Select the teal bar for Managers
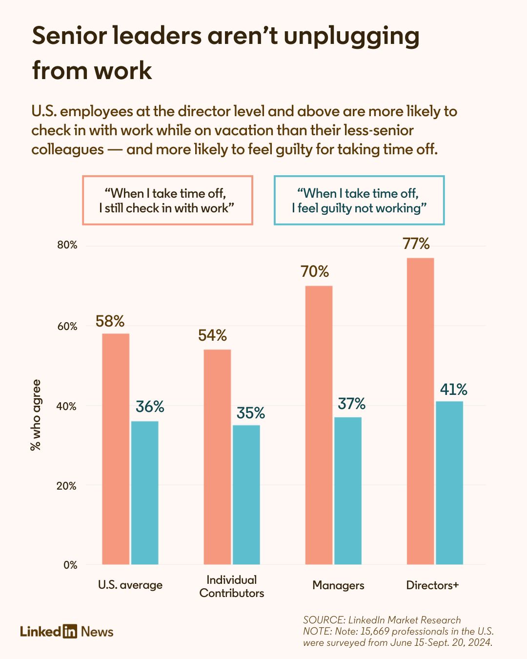click(x=348, y=491)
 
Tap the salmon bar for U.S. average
click(x=116, y=449)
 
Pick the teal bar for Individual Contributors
click(x=246, y=494)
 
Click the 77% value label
click(x=416, y=244)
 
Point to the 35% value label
click(x=251, y=413)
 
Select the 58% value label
click(x=110, y=321)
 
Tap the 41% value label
click(x=453, y=390)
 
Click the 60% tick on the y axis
click(x=67, y=326)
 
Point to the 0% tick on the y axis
click(x=70, y=565)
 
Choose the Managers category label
click(x=338, y=585)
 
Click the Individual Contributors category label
click(x=232, y=586)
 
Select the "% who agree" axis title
click(x=36, y=415)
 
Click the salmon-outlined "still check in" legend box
click(x=167, y=200)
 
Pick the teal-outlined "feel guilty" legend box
click(x=359, y=200)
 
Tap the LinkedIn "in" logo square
click(x=70, y=631)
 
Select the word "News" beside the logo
click(x=97, y=632)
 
